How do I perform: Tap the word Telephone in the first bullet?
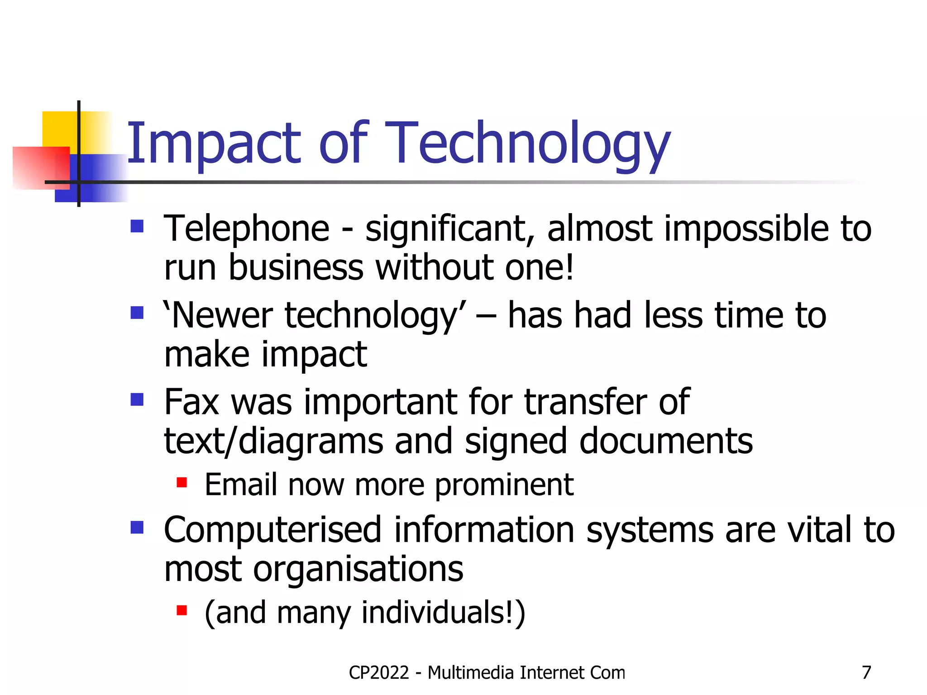[247, 228]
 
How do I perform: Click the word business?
[296, 267]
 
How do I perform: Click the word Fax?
[191, 402]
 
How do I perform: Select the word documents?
[666, 441]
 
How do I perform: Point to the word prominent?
[504, 485]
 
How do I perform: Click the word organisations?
[358, 569]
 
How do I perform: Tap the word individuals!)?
[443, 612]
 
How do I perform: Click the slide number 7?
[866, 673]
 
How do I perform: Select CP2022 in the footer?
[379, 673]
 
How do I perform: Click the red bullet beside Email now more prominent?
[182, 483]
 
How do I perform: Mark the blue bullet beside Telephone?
[137, 226]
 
